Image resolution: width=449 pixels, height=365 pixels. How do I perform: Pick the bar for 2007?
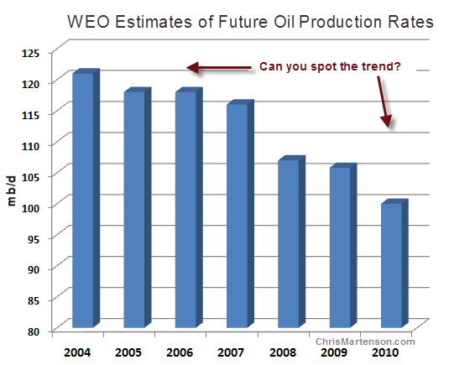pos(240,214)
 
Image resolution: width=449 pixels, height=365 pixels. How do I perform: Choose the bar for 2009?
pos(343,246)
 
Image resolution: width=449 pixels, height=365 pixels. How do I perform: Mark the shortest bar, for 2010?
pos(394,263)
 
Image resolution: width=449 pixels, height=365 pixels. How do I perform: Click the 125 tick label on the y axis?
pos(30,53)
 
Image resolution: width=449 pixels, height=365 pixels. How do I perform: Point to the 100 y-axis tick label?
pos(30,208)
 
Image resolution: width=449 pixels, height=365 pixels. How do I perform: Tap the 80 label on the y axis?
pos(34,331)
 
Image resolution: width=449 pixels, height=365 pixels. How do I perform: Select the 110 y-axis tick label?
pos(30,146)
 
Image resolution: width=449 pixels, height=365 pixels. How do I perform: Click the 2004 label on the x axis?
pos(77,352)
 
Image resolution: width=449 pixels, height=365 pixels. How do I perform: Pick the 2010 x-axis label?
pos(385,352)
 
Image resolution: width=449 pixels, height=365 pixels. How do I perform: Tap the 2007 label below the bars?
pos(231,352)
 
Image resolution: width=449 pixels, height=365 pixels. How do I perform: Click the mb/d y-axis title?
pos(12,191)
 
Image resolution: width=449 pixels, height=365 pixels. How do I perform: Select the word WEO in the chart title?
pos(88,22)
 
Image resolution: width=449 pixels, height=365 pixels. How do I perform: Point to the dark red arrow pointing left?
pos(219,68)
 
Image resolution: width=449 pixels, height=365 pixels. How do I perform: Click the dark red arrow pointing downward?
pos(384,102)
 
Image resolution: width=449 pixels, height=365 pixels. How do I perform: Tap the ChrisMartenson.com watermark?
pos(365,342)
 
